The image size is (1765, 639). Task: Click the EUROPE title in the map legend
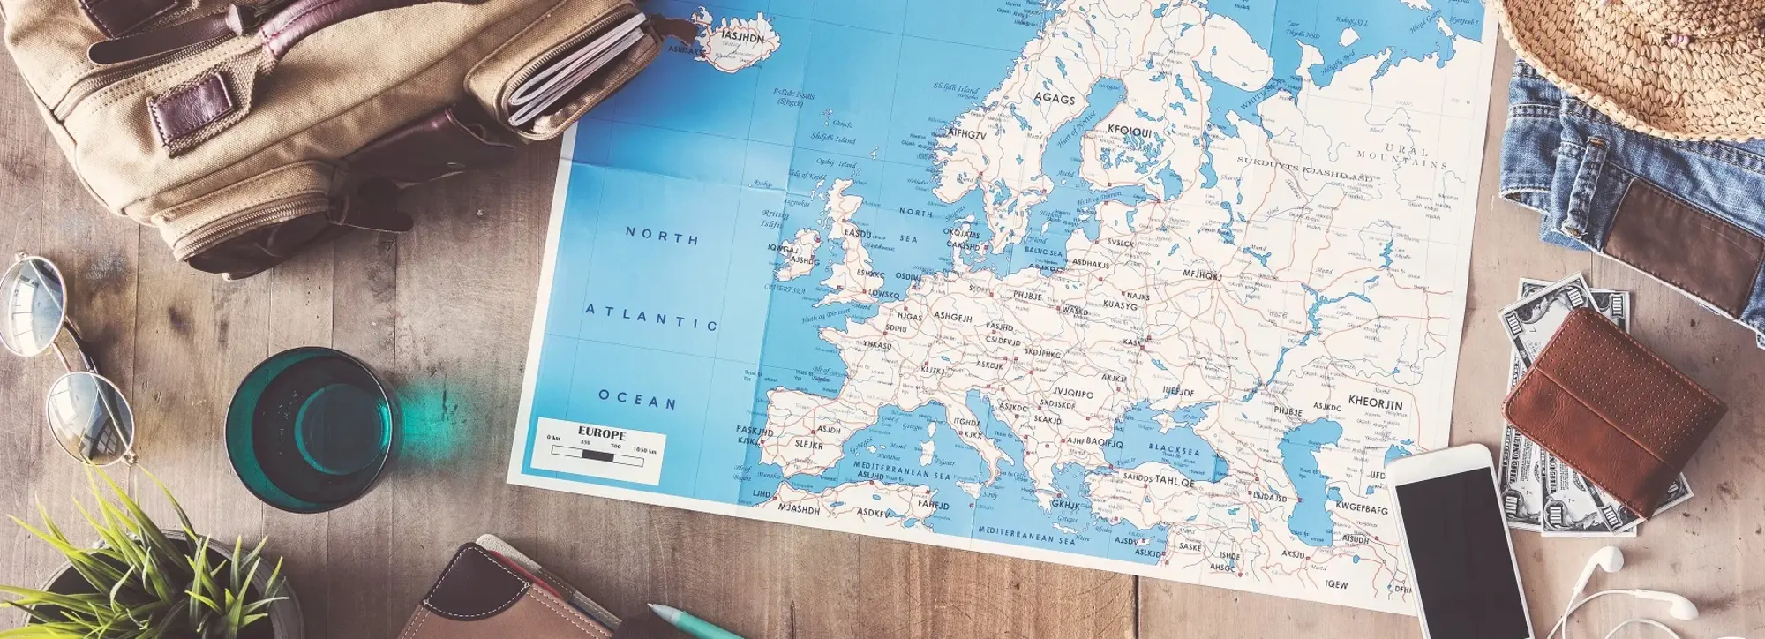point(602,433)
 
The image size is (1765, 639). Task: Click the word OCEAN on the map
point(637,400)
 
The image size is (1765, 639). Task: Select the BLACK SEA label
point(1174,449)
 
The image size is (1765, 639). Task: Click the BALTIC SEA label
point(1043,252)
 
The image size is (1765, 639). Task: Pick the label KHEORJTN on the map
point(1374,403)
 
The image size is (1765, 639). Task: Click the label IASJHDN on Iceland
point(742,38)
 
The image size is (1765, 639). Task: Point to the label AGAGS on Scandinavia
point(1055,99)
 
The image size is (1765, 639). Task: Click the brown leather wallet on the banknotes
point(1613,410)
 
